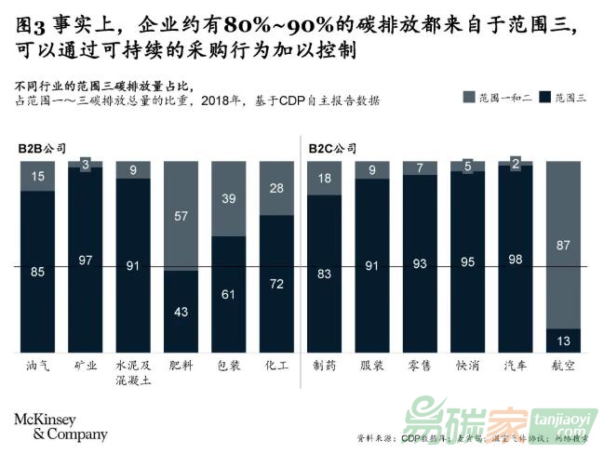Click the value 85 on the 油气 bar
[37, 273]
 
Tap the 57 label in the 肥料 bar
[181, 216]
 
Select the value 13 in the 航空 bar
[563, 340]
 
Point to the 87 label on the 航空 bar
[563, 244]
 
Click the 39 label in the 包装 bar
[229, 198]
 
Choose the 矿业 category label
[86, 366]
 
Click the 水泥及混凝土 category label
[133, 373]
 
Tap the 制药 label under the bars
[324, 366]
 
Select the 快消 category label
[467, 366]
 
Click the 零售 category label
[420, 366]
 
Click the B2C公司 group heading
[331, 147]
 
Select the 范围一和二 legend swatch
[469, 96]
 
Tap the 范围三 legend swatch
[545, 96]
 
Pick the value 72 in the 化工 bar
[276, 282]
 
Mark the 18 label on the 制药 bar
[324, 179]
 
